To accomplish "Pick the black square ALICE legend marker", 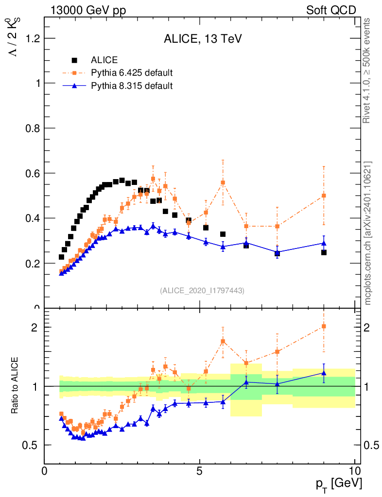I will click(x=75, y=61).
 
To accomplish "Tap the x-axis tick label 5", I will click(x=199, y=470).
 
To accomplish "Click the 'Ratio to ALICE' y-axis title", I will click(x=15, y=386).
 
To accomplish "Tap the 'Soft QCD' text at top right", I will click(x=331, y=10).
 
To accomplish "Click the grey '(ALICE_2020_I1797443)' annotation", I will click(x=202, y=290).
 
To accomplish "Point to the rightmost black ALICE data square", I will click(x=324, y=252).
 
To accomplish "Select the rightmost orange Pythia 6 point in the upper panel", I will click(x=324, y=196).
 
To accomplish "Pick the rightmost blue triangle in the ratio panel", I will click(x=324, y=373).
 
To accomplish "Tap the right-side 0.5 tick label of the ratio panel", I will click(x=372, y=445).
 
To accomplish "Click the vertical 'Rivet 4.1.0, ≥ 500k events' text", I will click(x=368, y=70).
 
